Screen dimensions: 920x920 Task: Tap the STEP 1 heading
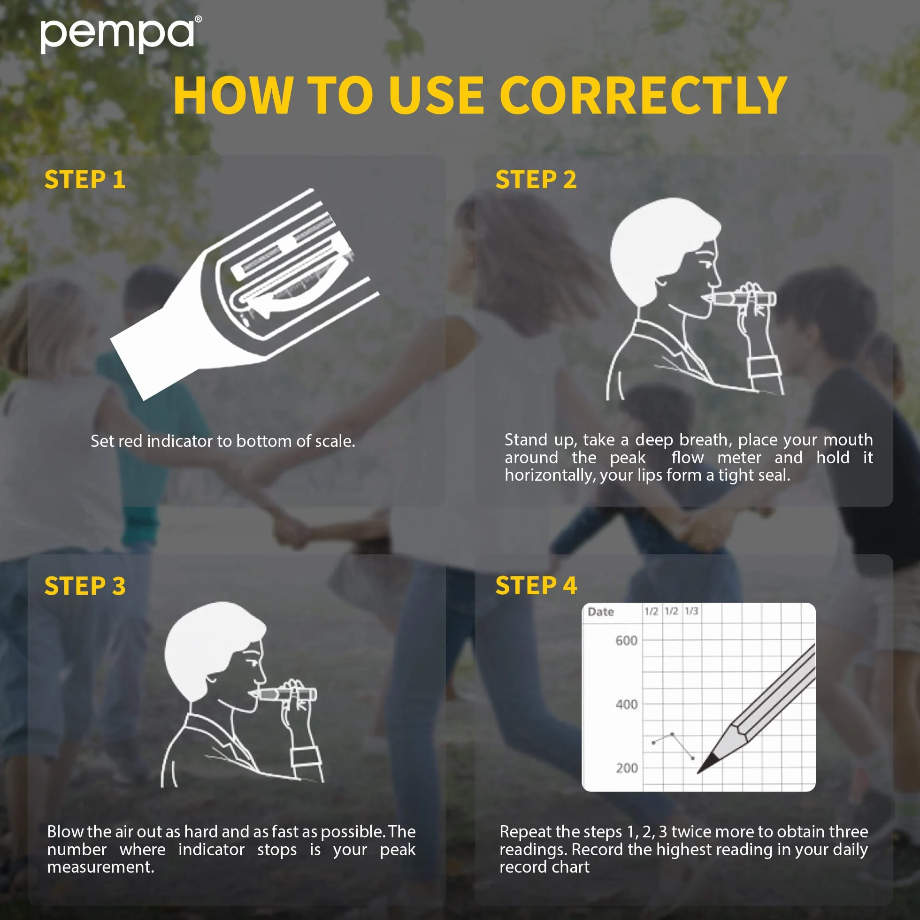coord(85,179)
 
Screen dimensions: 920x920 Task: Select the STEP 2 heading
coord(536,179)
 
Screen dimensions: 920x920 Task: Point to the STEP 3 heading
coord(85,586)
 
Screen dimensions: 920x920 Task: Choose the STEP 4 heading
coord(536,585)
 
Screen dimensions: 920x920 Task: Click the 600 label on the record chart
coord(626,640)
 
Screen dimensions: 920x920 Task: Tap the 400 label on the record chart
coord(626,704)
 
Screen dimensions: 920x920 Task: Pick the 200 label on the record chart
coord(626,767)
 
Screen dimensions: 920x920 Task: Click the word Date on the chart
coord(600,612)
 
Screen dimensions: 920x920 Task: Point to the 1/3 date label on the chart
coord(691,611)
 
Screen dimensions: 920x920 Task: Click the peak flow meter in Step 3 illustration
coord(286,694)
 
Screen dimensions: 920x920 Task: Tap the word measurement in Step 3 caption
coord(100,866)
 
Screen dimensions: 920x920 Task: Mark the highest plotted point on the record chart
coord(672,734)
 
